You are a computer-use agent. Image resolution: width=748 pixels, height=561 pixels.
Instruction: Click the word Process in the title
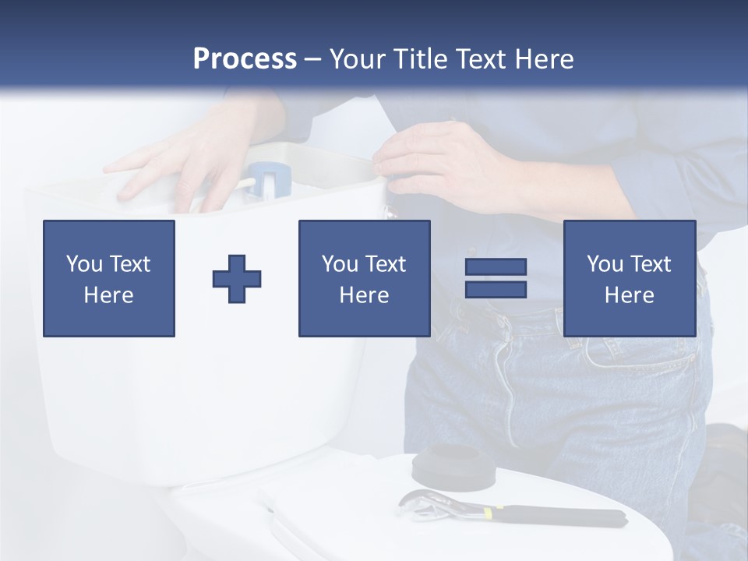(x=245, y=58)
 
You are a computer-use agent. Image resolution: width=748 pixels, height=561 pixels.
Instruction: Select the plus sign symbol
(x=237, y=279)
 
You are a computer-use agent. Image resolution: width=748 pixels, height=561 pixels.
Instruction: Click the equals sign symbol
(x=496, y=278)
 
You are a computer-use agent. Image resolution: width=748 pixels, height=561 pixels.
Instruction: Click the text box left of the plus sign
(x=109, y=279)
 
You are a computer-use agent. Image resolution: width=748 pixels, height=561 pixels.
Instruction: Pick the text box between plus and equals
(x=364, y=279)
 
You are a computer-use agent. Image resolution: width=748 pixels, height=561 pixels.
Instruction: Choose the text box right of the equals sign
(x=629, y=279)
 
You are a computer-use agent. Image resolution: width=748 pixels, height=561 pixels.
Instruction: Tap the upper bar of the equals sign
(x=496, y=267)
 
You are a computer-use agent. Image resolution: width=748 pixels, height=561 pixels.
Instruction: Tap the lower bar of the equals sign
(x=496, y=289)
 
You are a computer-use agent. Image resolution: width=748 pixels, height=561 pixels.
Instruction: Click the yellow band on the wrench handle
(x=488, y=513)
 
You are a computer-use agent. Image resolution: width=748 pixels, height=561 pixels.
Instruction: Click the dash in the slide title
(x=313, y=58)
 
